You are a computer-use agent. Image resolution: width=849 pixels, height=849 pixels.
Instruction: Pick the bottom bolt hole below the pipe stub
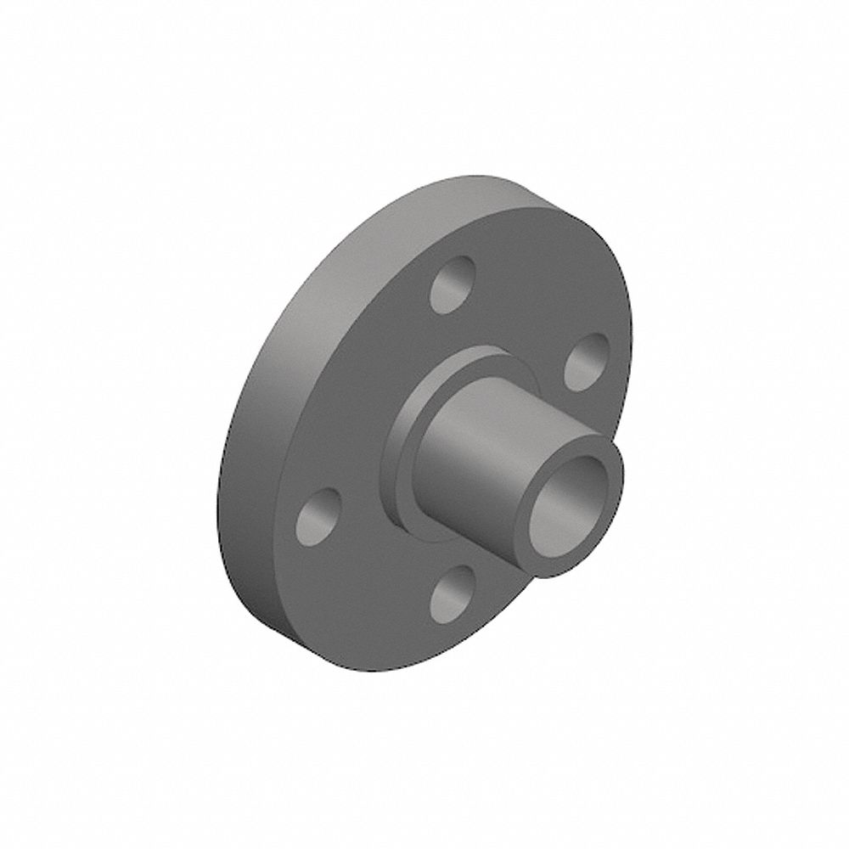(x=453, y=593)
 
